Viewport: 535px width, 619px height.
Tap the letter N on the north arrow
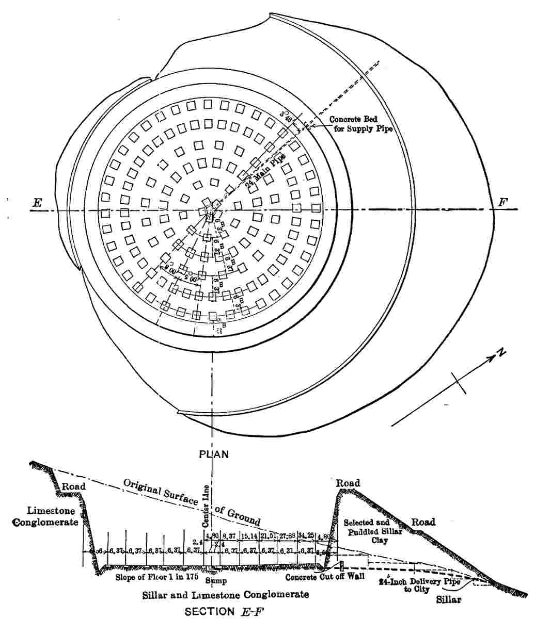pyautogui.click(x=500, y=353)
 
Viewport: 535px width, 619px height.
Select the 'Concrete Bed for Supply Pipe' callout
pyautogui.click(x=361, y=124)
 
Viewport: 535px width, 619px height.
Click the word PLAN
pyautogui.click(x=214, y=454)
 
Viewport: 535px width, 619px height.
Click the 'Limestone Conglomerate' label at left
pyautogui.click(x=51, y=516)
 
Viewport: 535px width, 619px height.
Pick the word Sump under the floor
pyautogui.click(x=216, y=580)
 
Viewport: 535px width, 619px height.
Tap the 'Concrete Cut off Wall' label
pyautogui.click(x=325, y=578)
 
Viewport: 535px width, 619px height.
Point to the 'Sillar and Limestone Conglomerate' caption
pyautogui.click(x=225, y=595)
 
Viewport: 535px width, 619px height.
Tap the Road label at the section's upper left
pyautogui.click(x=73, y=486)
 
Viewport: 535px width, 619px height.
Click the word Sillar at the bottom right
pyautogui.click(x=448, y=600)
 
